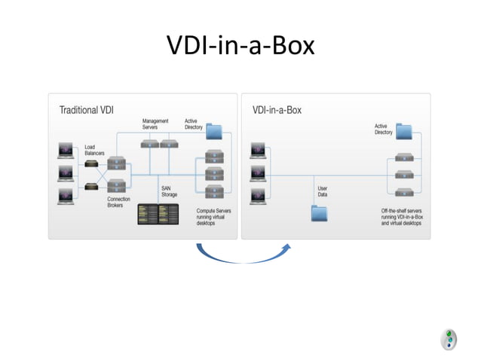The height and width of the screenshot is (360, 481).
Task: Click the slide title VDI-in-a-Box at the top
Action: tap(240, 47)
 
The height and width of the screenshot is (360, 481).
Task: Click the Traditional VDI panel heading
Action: tap(87, 110)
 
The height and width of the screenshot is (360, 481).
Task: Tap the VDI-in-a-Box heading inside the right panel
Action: tap(277, 110)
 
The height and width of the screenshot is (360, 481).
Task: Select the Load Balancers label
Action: tap(94, 150)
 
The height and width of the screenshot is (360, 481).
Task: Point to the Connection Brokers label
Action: tap(120, 202)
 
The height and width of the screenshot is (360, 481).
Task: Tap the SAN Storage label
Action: tap(169, 191)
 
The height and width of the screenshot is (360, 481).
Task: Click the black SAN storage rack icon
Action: tap(159, 215)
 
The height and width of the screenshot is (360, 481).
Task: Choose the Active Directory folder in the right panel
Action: tap(403, 131)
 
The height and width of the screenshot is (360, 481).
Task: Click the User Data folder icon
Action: tap(320, 212)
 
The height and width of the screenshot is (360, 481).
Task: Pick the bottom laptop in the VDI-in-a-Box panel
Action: tap(258, 197)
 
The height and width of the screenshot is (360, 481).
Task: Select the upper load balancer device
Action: tap(93, 165)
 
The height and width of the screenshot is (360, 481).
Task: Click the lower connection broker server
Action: tap(116, 185)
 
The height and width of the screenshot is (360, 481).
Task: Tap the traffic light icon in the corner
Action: tap(449, 338)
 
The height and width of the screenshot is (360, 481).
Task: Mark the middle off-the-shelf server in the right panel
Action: tap(404, 175)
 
